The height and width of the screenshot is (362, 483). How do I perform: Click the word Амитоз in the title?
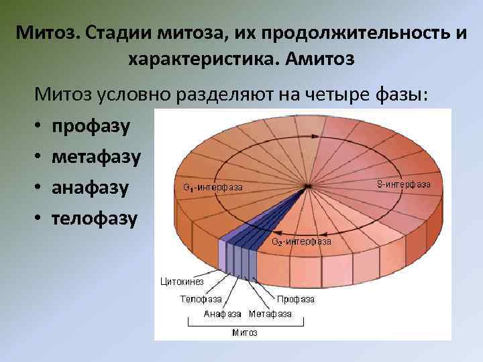click(319, 60)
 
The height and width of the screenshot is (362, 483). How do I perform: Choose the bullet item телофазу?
click(95, 218)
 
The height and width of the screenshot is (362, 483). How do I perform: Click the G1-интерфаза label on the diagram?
click(213, 187)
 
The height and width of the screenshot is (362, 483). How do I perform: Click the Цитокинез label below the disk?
click(181, 282)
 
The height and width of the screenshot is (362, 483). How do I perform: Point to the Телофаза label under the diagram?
click(198, 299)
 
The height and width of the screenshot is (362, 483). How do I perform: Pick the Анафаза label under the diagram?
click(221, 314)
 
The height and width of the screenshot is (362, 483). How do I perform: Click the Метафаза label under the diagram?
click(270, 314)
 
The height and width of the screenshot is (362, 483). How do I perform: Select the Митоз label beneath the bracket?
click(245, 332)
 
